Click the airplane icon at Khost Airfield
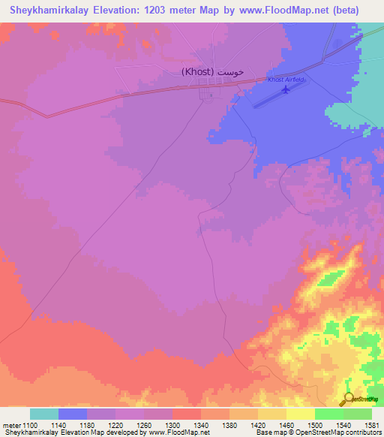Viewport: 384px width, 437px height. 284,90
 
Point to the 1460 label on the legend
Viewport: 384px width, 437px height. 286,425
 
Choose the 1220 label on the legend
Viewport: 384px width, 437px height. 115,425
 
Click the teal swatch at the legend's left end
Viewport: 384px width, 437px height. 44,414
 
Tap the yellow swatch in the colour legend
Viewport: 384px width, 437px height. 300,414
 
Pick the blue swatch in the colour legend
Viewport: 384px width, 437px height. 73,414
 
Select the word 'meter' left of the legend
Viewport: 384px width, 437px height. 11,425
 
